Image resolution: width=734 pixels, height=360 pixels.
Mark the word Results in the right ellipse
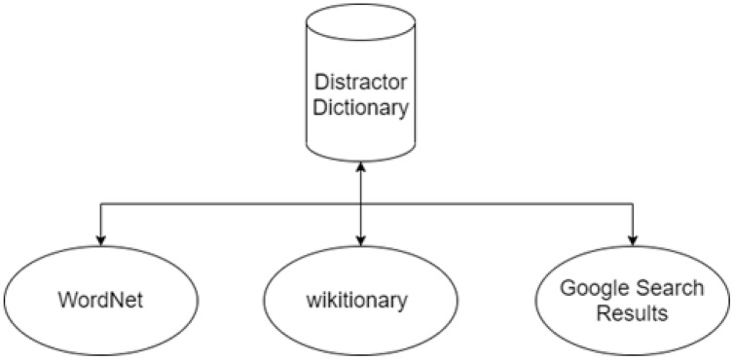pyautogui.click(x=633, y=313)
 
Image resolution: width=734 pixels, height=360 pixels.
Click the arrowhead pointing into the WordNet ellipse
pyautogui.click(x=99, y=238)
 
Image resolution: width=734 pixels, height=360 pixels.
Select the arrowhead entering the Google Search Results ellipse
pyautogui.click(x=633, y=238)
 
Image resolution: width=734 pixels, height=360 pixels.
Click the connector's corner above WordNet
pyautogui.click(x=99, y=203)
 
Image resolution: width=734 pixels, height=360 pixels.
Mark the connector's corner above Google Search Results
pyautogui.click(x=633, y=203)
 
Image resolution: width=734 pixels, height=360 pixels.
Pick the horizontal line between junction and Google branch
pyautogui.click(x=497, y=203)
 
